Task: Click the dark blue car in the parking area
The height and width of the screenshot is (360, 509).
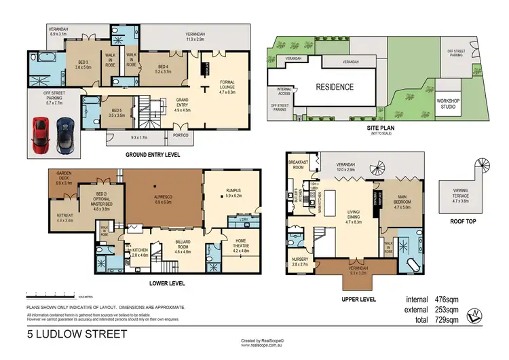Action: (x=64, y=134)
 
